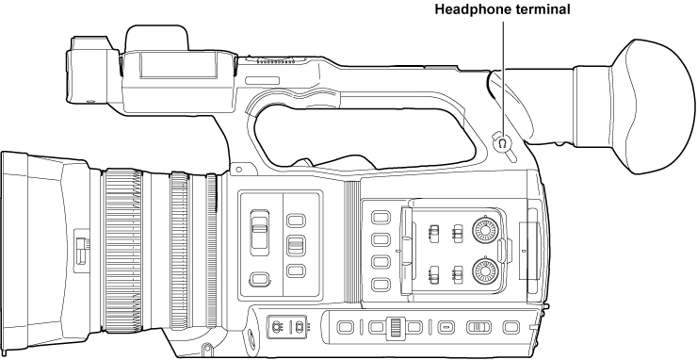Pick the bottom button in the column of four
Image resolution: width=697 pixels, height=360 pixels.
coord(381,285)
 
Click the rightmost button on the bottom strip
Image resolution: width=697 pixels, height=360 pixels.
coord(511,327)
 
